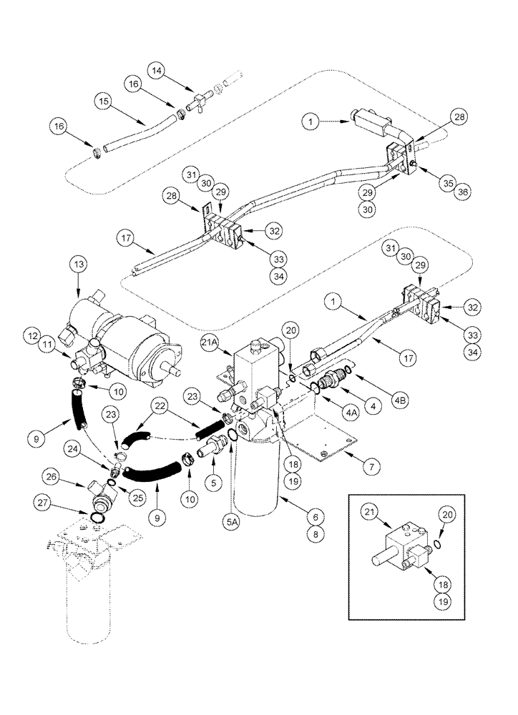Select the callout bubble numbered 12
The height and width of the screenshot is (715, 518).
[x=32, y=334]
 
